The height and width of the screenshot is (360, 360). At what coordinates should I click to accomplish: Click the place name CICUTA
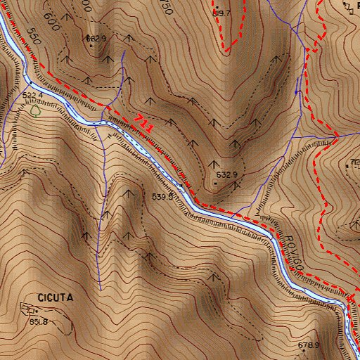[55, 297]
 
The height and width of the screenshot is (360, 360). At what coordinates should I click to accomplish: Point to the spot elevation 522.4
[33, 94]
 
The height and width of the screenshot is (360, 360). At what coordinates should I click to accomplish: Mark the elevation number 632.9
[226, 174]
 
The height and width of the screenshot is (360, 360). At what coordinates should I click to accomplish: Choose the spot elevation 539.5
[162, 197]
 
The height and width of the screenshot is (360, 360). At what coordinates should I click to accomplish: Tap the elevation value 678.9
[308, 345]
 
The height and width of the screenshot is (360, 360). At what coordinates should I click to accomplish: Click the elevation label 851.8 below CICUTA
[38, 321]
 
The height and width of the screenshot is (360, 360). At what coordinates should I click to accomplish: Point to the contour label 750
[166, 7]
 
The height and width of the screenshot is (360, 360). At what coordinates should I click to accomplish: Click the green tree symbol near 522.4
[35, 109]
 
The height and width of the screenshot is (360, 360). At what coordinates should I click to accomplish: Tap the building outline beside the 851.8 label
[29, 309]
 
